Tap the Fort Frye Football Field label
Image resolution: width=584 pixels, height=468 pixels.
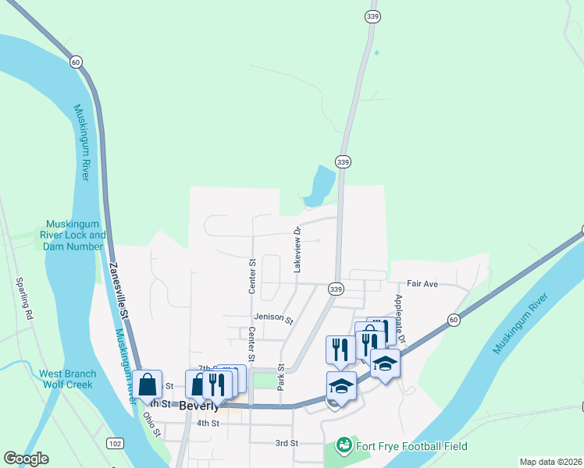click(x=411, y=446)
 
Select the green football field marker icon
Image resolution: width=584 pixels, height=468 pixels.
click(x=342, y=445)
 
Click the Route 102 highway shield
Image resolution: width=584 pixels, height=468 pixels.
click(x=114, y=443)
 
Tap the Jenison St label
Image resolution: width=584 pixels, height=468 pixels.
click(x=272, y=319)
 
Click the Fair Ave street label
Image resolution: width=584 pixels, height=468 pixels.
click(x=422, y=284)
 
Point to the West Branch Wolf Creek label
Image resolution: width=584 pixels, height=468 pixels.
click(x=66, y=379)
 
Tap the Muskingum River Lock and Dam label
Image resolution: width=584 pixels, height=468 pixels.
click(x=76, y=235)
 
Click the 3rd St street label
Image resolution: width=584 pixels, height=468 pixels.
click(x=287, y=443)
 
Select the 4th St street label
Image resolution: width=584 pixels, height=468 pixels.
click(x=208, y=423)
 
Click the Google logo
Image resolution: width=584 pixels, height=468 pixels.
click(x=26, y=459)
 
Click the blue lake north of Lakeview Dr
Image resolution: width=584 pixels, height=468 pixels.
click(x=321, y=186)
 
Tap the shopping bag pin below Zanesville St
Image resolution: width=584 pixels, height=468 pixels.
click(x=147, y=385)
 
